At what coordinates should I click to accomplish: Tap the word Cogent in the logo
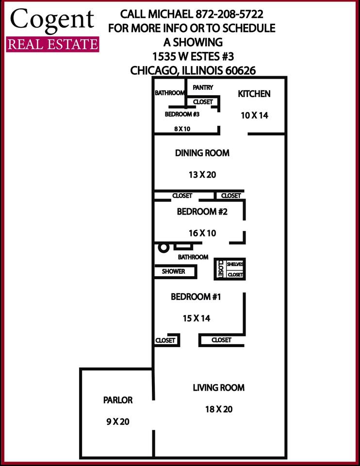click(x=52, y=19)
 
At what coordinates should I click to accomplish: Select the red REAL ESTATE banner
click(x=52, y=44)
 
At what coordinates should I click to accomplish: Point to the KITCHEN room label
click(x=254, y=94)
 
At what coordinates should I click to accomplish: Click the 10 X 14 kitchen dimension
click(x=254, y=116)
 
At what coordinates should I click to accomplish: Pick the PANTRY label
click(x=203, y=87)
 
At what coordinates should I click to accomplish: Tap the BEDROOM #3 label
click(x=182, y=115)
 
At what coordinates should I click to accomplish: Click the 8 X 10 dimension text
click(x=182, y=129)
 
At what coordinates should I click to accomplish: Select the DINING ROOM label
click(x=202, y=153)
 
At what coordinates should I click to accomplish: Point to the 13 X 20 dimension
click(x=202, y=175)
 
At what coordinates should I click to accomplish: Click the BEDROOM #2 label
click(x=202, y=212)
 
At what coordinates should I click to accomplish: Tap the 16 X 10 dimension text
click(x=202, y=233)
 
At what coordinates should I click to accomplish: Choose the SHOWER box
click(x=174, y=271)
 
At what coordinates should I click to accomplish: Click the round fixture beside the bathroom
click(x=164, y=247)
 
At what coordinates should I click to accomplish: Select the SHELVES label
click(x=235, y=264)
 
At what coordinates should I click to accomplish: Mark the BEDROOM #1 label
click(x=196, y=297)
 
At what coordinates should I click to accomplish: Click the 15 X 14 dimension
click(x=196, y=318)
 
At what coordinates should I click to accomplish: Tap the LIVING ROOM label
click(x=218, y=388)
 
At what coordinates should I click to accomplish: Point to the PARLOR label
click(x=117, y=400)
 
